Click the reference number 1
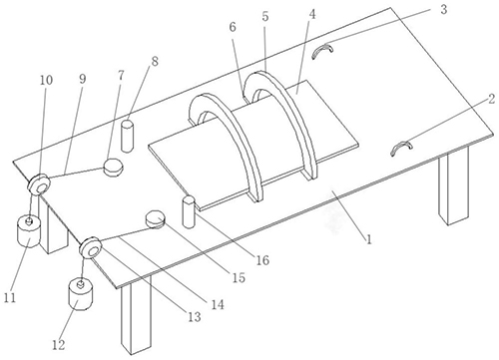tap(368, 239)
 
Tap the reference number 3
tap(443, 10)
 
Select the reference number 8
tap(155, 62)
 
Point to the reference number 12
tap(59, 345)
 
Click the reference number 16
tap(262, 260)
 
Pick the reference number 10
tap(46, 80)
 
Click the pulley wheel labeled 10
tap(38, 184)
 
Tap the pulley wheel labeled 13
tap(90, 247)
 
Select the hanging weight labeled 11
tap(28, 231)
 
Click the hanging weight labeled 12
tap(81, 295)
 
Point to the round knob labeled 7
tap(113, 167)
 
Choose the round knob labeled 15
tap(156, 219)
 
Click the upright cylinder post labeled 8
tap(127, 137)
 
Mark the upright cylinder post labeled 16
tap(189, 212)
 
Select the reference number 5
tap(265, 17)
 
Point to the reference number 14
tap(218, 304)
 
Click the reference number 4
tap(312, 15)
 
